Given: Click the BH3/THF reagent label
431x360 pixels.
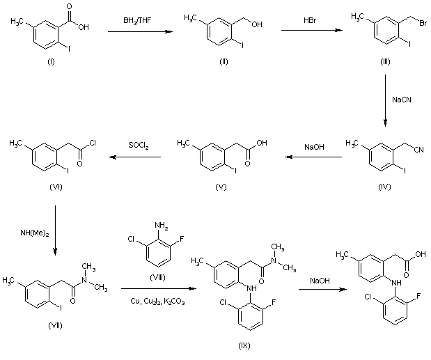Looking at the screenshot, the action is [x=137, y=21].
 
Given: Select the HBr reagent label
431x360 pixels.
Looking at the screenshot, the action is [x=310, y=20].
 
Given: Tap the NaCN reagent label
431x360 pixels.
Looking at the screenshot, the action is [x=402, y=100].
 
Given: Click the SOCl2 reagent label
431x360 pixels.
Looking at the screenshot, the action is [x=139, y=145].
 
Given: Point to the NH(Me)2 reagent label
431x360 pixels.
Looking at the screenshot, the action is [x=35, y=233].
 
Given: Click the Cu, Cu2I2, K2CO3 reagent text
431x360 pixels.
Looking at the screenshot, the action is [x=157, y=302].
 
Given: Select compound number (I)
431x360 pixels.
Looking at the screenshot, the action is [x=51, y=61].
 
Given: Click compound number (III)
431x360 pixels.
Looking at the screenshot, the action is [x=385, y=61].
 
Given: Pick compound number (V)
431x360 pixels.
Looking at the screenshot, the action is [x=221, y=187].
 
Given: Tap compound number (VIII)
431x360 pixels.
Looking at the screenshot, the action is [x=157, y=278].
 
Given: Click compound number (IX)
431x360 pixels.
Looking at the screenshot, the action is [x=244, y=345].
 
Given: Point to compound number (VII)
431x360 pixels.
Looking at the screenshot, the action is [x=55, y=326].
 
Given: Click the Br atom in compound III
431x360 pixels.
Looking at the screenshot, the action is [x=423, y=23].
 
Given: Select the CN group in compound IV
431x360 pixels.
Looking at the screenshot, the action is [x=419, y=150].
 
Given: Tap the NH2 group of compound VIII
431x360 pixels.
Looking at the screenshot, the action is [x=162, y=226].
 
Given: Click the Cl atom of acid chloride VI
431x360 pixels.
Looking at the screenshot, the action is [x=92, y=143].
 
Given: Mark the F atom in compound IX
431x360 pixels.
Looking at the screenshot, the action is [x=274, y=303].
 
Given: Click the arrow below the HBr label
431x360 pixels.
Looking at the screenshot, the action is [x=312, y=30].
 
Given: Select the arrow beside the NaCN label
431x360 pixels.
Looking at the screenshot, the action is [x=385, y=100].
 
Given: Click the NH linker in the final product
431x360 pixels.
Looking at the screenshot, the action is [x=397, y=282].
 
